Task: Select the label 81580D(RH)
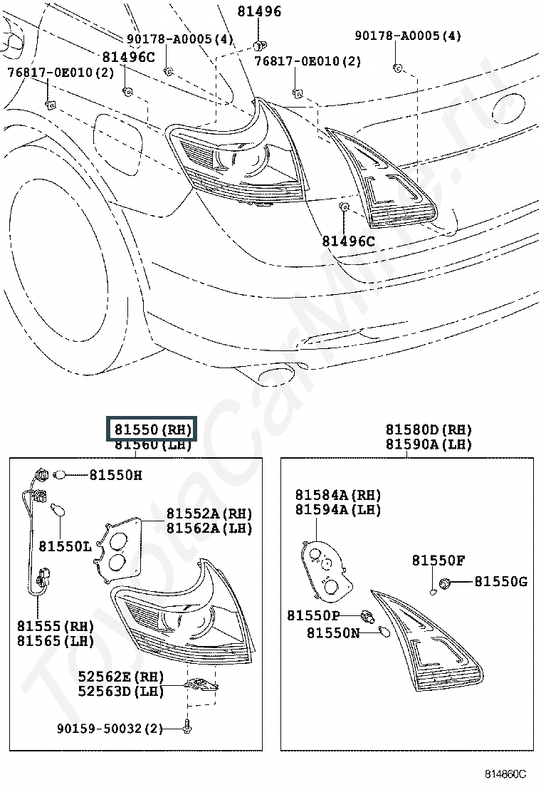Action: point(429,430)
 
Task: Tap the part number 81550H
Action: point(115,475)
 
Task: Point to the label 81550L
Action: point(65,546)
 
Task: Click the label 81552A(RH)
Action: point(209,514)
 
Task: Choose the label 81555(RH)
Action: point(56,626)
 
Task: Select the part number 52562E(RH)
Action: point(121,677)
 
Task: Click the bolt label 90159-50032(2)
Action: point(110,729)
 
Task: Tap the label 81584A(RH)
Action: point(338,495)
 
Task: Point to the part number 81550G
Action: point(500,582)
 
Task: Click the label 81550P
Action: point(313,615)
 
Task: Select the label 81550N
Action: point(333,632)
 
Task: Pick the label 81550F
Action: point(438,561)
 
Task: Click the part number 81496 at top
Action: point(259,11)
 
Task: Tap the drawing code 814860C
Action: point(505,773)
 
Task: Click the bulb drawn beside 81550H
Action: point(60,474)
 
